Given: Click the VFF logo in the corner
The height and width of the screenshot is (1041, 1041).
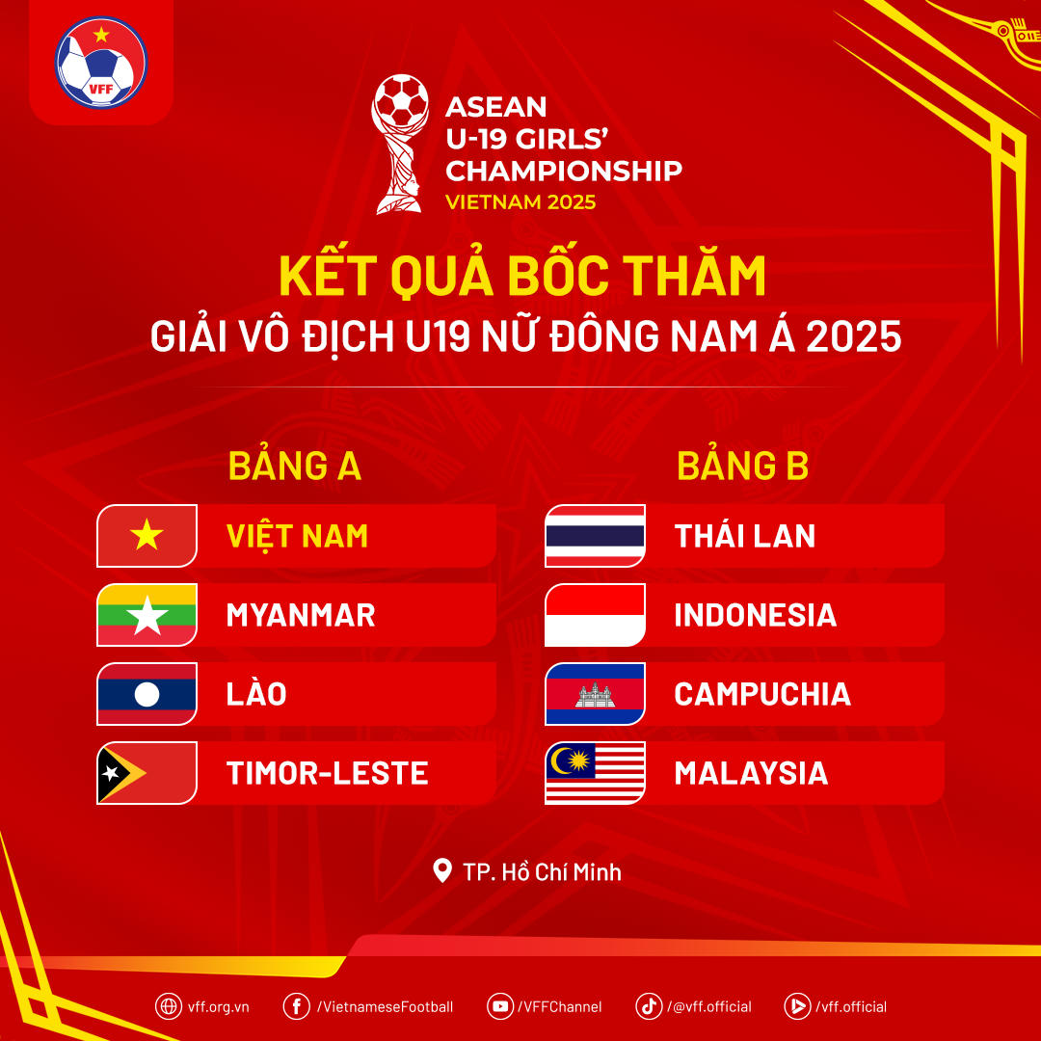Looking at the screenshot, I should coord(100,62).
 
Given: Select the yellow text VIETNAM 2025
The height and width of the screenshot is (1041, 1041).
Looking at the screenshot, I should coord(520,202).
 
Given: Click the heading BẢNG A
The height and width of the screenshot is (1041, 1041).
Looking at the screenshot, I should coord(294,467).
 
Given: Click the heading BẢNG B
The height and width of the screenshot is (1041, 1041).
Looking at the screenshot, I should coord(742,467).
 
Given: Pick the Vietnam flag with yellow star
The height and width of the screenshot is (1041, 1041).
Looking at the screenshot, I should coord(147,536).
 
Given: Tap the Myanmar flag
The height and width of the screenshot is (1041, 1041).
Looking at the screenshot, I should coord(147,615).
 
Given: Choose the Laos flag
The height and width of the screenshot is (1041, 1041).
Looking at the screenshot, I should coord(147,694).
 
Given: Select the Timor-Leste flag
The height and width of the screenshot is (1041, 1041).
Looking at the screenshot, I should coord(147,773).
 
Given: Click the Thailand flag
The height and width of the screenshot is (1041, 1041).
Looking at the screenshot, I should coord(595,536).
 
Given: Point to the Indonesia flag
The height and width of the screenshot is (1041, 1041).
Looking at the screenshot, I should coord(595,615).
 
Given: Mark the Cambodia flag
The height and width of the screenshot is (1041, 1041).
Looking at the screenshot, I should coord(595,694).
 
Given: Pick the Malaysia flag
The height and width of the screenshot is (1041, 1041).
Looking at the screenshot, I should coord(595,773).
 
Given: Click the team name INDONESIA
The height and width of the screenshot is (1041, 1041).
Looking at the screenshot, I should coord(755,615).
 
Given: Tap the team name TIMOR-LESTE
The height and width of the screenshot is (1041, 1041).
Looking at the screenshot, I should coord(327,773).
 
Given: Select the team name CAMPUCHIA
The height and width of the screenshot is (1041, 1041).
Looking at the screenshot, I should coord(761,694).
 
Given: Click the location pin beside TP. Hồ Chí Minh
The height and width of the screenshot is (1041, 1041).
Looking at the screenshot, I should coord(442,871).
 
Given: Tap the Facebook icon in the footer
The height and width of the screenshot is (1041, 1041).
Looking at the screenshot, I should coord(296,1005).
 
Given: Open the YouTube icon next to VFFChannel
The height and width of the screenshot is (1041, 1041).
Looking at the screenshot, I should coord(500,1005).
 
